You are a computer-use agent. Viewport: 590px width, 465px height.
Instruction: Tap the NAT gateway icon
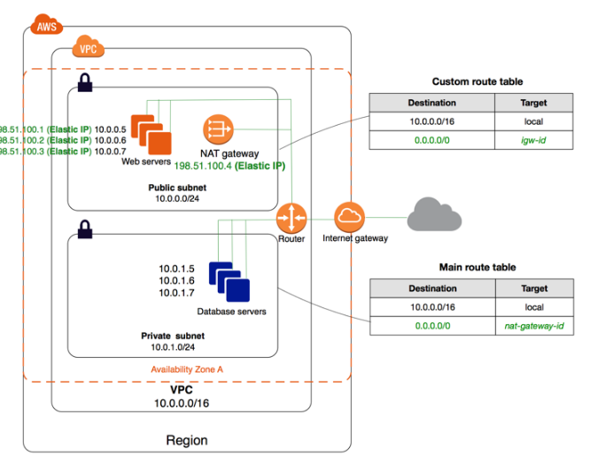(217, 130)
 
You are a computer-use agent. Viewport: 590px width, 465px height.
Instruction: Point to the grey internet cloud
(434, 215)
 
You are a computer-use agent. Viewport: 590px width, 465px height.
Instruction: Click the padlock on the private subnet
(84, 230)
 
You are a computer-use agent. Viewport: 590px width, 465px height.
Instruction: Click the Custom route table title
(482, 81)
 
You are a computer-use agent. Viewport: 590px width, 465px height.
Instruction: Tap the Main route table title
(477, 267)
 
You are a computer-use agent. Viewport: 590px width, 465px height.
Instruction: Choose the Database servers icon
(229, 281)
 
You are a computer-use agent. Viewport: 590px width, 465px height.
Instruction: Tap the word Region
(187, 440)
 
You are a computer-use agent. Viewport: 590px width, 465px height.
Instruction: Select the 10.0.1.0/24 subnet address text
(172, 348)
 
